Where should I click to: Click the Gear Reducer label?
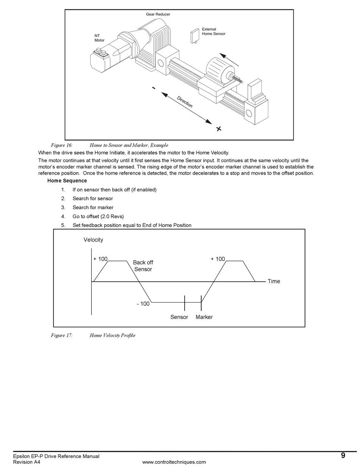point(158,14)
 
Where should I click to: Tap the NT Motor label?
point(99,38)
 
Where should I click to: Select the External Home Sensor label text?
point(213,31)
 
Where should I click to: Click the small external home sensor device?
point(195,36)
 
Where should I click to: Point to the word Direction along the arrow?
point(185,102)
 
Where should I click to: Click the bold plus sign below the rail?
point(219,129)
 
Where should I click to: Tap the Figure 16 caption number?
point(62,145)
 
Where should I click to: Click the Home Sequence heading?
point(67,181)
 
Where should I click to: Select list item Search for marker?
point(93,207)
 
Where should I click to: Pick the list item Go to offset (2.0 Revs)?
point(98,216)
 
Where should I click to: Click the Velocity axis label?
point(93,240)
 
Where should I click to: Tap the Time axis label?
point(274,281)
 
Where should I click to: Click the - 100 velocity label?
point(143,304)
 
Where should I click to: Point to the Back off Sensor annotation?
point(143,266)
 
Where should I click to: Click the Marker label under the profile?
point(204,317)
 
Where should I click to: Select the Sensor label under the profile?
point(179,317)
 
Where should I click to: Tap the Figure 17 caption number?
point(62,335)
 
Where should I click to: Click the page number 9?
point(343,455)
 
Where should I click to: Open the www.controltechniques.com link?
point(174,462)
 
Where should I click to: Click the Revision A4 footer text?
point(27,462)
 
